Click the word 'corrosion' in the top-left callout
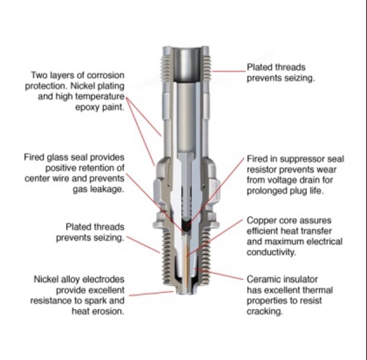(105, 76)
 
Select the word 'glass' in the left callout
(58, 157)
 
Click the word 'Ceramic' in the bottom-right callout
(262, 279)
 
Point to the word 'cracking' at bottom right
(265, 311)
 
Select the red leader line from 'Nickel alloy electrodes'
(151, 294)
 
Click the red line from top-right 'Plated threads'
(229, 71)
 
